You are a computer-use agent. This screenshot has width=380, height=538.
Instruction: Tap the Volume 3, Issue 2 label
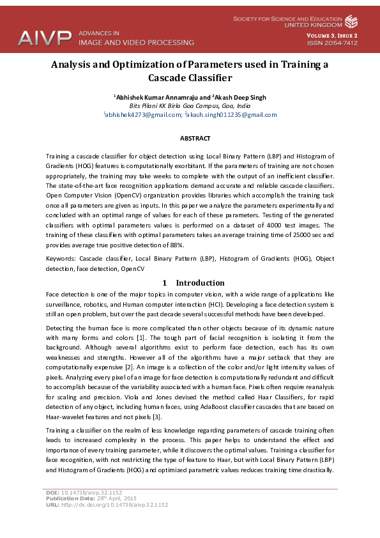(x=331, y=35)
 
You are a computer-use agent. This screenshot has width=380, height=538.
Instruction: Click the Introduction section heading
(x=200, y=282)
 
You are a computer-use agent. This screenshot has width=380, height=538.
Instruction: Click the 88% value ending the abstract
(x=177, y=245)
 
